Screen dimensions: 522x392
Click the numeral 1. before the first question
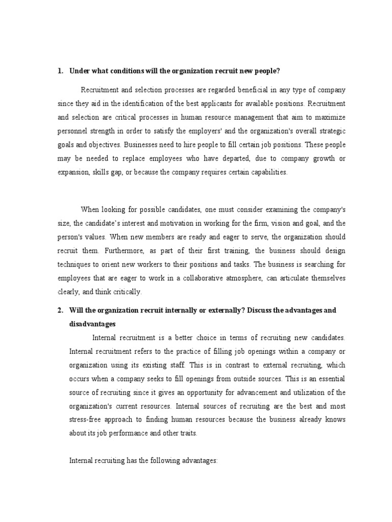60,71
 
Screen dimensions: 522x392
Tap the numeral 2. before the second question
60,310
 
